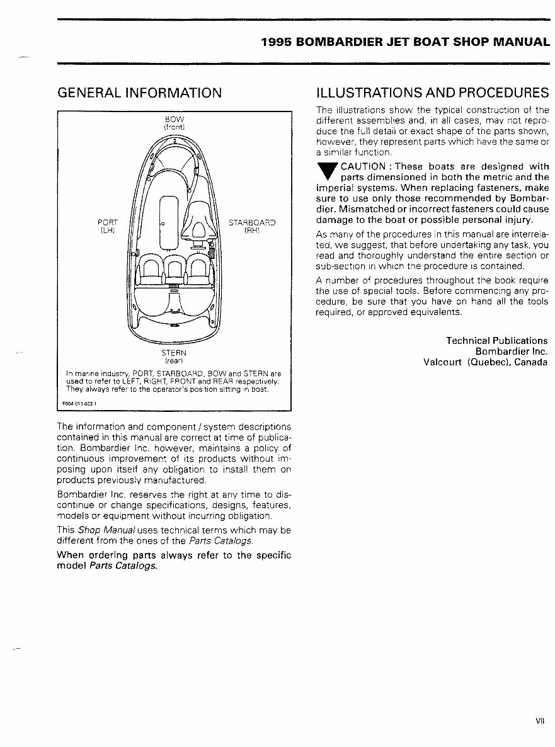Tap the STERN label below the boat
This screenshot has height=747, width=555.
(x=173, y=353)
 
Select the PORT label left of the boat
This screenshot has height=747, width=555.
(x=108, y=222)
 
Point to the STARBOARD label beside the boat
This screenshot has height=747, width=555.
(x=252, y=222)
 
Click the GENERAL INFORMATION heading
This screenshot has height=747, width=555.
(x=139, y=93)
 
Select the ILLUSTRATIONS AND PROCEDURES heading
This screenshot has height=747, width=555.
(x=432, y=93)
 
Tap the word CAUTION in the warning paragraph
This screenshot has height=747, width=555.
(x=363, y=167)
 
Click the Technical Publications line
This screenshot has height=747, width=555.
(x=496, y=341)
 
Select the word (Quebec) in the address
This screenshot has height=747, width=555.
(x=487, y=362)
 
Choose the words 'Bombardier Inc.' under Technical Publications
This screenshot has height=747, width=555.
(x=511, y=351)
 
